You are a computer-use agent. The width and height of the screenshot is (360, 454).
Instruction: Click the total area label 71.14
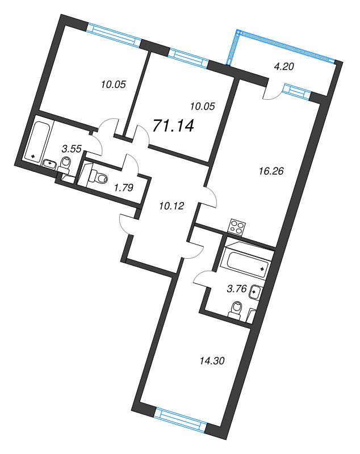click(174, 125)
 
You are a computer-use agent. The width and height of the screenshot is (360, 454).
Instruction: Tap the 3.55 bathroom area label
click(72, 149)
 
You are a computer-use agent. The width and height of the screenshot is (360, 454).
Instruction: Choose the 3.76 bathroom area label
click(236, 288)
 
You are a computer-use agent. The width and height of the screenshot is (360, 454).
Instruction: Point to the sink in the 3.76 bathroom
click(256, 293)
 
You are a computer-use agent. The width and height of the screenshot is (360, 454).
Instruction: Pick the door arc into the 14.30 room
click(193, 249)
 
